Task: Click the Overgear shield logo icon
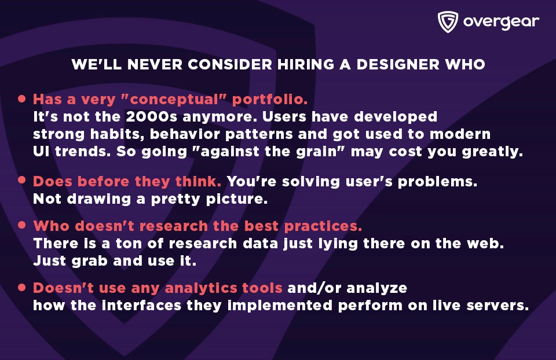coord(448,22)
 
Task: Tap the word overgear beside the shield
coord(501,22)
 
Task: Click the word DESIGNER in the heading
coord(398,64)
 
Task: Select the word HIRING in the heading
coord(306,64)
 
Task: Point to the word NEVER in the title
coord(155,64)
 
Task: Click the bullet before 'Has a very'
coord(22,98)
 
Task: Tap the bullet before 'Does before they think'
coord(22,180)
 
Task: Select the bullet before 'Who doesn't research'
coord(22,225)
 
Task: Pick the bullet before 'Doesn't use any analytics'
coord(22,287)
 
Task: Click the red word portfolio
coord(270,100)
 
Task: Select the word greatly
coord(492,152)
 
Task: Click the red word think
coord(198,181)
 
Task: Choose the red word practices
coord(323,226)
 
